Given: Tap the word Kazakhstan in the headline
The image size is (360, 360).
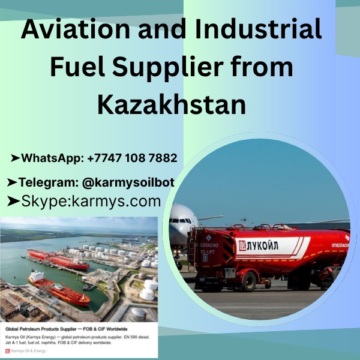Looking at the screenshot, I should (172, 104).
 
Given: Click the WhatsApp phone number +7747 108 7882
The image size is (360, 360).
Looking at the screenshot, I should (132, 159).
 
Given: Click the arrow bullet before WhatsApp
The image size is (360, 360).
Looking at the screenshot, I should (15, 159).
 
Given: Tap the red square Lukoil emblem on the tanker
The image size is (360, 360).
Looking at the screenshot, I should (242, 246).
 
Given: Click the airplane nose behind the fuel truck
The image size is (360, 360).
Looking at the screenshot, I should (176, 226).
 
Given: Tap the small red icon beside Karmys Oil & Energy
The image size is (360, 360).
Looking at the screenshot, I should (8, 350).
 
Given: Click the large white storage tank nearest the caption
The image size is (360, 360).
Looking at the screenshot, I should (146, 294).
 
